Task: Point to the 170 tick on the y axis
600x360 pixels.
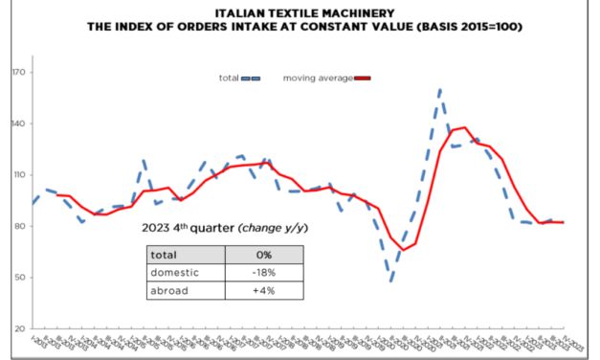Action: point(18,73)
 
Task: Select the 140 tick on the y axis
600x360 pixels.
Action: point(18,124)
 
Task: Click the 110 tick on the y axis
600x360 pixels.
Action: point(18,175)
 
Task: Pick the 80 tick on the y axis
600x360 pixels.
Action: point(19,227)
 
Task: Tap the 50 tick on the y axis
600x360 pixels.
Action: point(19,279)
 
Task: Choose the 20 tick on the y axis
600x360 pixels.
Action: point(19,329)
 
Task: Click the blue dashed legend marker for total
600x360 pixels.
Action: point(253,78)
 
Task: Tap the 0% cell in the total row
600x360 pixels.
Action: point(264,254)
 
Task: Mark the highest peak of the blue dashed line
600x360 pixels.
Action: point(440,90)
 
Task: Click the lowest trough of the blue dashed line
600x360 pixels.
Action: point(390,281)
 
